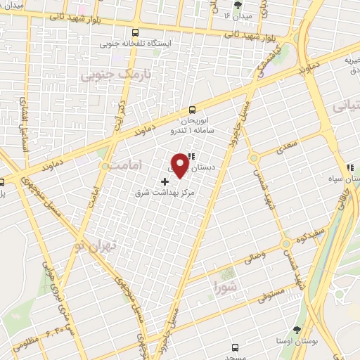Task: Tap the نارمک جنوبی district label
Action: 106,75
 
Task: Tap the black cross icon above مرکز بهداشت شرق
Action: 165,181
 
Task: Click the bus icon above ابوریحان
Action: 193,110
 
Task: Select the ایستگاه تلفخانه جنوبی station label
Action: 136,44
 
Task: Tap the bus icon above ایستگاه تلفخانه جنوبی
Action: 135,32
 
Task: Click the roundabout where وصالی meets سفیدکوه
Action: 285,244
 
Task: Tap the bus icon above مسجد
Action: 235,347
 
